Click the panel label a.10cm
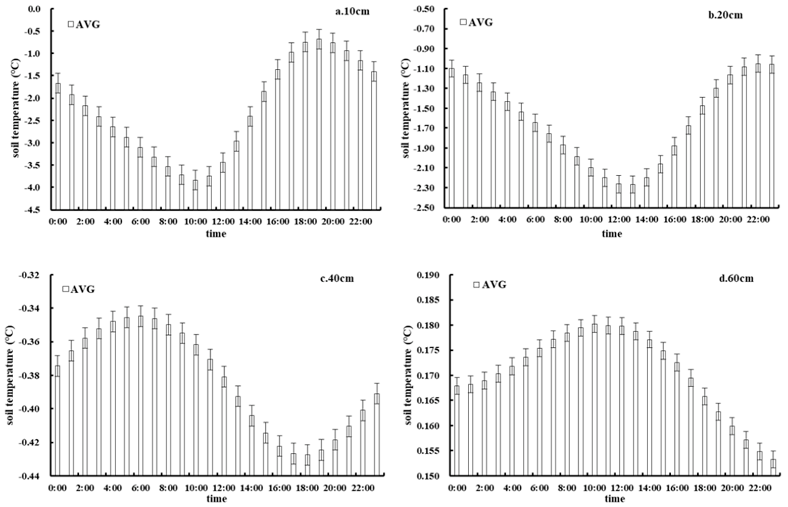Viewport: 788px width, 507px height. (352, 12)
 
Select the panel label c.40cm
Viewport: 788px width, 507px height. (337, 278)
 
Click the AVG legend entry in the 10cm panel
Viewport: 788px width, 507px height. (84, 25)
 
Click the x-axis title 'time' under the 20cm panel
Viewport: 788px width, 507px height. (612, 234)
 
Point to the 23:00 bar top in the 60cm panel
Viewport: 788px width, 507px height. (773, 460)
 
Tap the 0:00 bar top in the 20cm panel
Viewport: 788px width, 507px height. (451, 68)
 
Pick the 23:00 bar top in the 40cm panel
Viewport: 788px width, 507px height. (377, 394)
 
